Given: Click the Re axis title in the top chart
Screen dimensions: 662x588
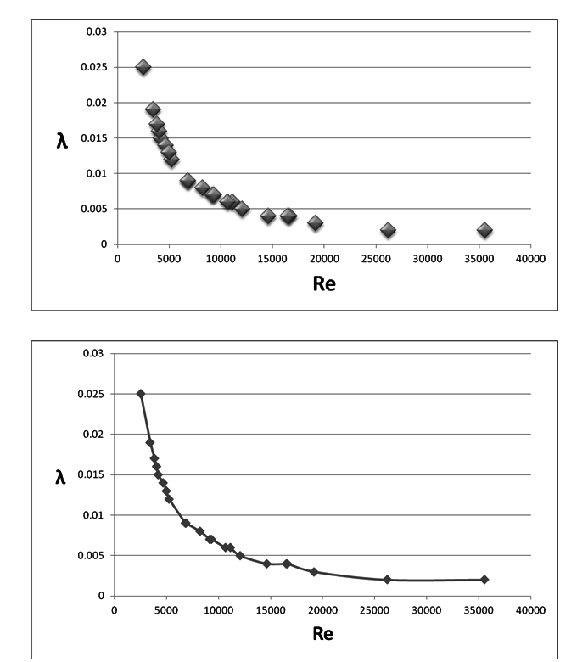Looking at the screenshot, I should click(324, 283).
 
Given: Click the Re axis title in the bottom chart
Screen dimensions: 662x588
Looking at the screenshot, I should click(323, 633).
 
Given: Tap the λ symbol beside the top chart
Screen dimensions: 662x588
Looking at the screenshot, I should click(62, 140).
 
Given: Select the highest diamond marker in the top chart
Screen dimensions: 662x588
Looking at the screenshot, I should click(143, 67).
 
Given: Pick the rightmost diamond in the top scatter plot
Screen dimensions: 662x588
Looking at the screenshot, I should click(484, 230).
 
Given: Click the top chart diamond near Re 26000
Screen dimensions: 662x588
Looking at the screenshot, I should click(388, 230).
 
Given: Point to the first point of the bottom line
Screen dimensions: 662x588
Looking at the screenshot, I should click(141, 394).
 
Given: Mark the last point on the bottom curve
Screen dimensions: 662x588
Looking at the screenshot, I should click(484, 580).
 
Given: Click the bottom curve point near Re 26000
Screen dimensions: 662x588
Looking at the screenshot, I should click(387, 580).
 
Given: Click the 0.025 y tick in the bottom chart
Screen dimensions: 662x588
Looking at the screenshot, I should click(91, 394).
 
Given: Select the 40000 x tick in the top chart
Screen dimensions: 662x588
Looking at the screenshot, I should click(530, 259).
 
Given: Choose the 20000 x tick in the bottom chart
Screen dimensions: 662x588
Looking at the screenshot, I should click(322, 609).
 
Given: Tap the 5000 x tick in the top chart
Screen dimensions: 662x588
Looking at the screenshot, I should click(169, 259).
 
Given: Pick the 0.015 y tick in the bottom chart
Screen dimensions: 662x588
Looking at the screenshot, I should click(91, 474).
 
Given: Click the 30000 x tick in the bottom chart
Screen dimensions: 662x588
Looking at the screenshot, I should click(426, 609).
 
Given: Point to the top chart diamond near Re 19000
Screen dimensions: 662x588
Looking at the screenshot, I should click(315, 223).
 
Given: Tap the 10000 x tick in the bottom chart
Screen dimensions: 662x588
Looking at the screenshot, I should click(218, 609).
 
